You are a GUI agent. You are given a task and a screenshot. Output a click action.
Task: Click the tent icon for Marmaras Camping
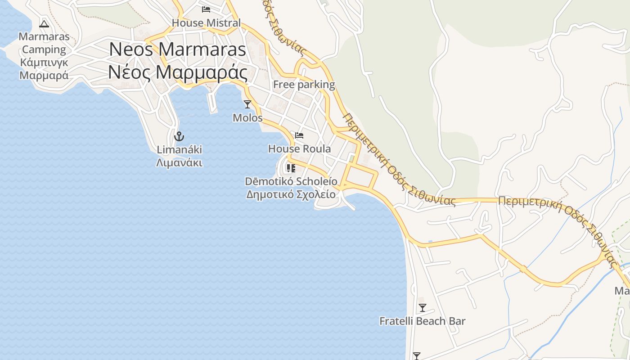pos(44,24)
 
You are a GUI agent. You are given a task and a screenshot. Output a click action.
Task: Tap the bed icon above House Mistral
pos(206,9)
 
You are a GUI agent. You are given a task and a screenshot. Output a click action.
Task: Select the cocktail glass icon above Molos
pos(247,104)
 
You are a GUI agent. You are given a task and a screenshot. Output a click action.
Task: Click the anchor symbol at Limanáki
pos(179,136)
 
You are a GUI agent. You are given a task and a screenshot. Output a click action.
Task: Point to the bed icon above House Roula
pos(299,135)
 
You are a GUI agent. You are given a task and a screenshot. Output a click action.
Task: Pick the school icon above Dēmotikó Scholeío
pos(291,168)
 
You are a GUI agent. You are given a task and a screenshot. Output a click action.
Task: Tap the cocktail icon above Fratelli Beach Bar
pos(422,308)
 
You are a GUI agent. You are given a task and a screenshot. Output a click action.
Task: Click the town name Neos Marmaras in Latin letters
pos(177,49)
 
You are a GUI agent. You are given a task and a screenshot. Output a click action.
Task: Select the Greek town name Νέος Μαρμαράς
pos(177,72)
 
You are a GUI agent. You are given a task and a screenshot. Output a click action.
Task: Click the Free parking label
pos(304,85)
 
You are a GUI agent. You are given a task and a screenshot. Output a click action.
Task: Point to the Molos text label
pos(247,118)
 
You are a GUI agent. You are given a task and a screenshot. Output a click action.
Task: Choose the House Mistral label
pos(206,22)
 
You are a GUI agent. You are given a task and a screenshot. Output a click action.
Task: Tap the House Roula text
pos(299,148)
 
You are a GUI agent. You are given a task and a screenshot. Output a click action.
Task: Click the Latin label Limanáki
pos(179,149)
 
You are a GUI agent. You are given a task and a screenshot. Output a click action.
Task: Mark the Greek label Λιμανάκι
pos(179,162)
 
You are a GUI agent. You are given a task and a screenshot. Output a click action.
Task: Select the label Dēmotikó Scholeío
pos(291,181)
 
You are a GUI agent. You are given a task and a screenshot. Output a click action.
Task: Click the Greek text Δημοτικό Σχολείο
pos(291,194)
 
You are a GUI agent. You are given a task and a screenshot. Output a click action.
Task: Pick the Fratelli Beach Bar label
pos(422,321)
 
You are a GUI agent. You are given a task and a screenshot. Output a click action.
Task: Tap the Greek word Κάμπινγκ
pos(44,63)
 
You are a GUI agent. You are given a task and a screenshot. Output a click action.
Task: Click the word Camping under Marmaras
pos(44,49)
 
